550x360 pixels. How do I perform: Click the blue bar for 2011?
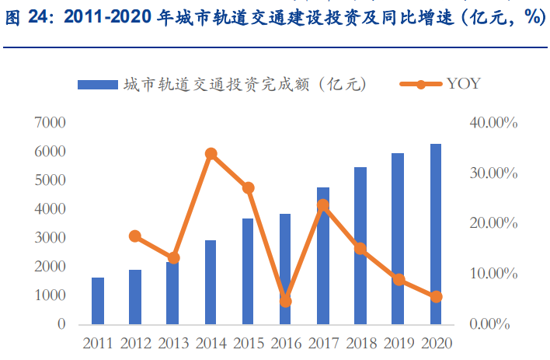[x=98, y=301]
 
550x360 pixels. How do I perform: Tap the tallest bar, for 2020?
[x=436, y=234]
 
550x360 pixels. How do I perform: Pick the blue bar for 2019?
[x=398, y=239]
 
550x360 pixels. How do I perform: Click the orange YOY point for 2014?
[x=211, y=154]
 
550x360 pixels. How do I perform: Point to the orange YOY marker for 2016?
[x=286, y=301]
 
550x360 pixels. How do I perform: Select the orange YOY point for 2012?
[x=135, y=236]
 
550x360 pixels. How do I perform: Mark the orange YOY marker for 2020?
[x=436, y=296]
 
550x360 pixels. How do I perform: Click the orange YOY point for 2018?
[x=360, y=249]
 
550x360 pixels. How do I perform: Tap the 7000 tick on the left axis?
[x=50, y=122]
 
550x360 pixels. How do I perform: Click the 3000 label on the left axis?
[x=50, y=238]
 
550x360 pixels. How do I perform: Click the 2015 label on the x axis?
[x=248, y=342]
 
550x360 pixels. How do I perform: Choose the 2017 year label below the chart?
[x=323, y=342]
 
